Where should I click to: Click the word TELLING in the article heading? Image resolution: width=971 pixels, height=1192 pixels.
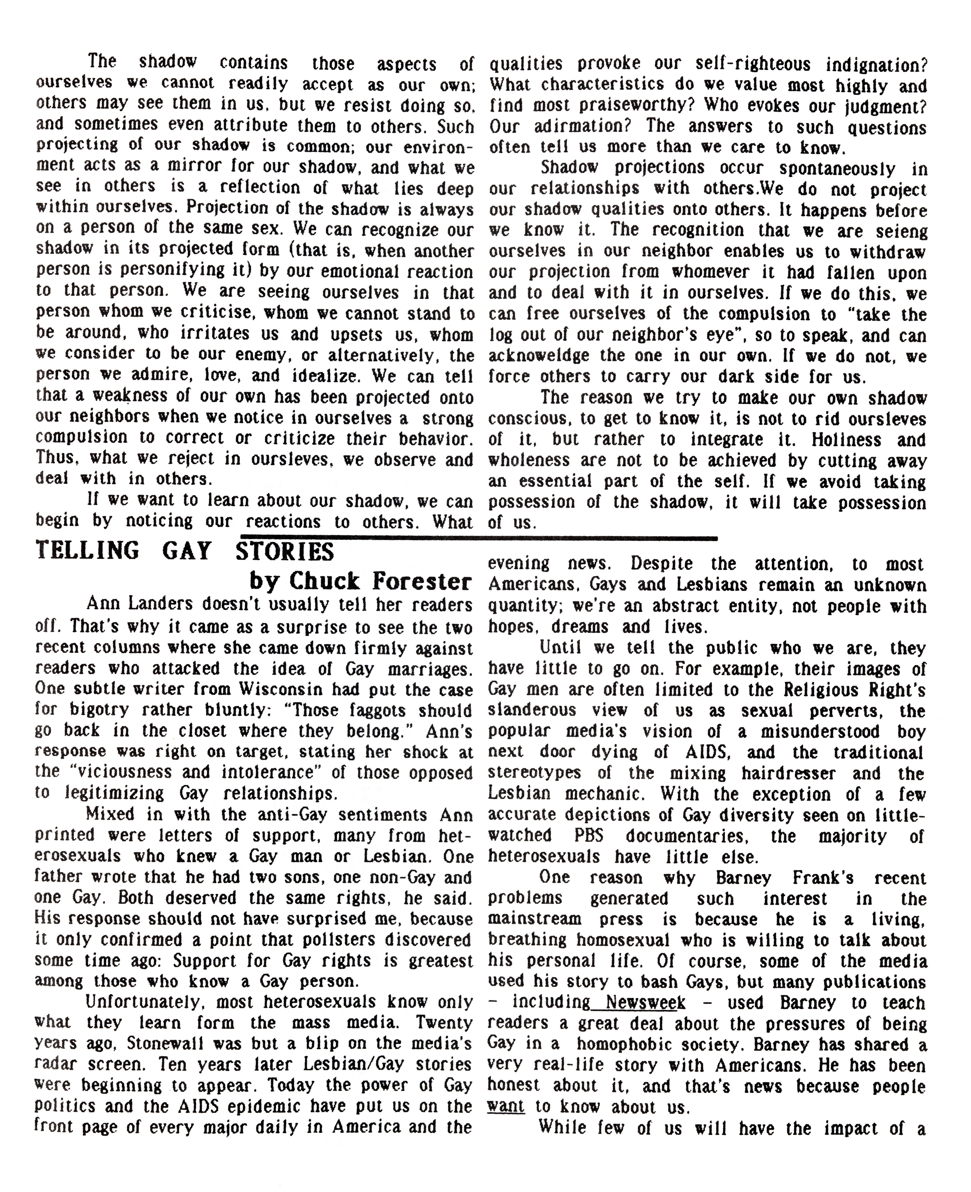point(87,550)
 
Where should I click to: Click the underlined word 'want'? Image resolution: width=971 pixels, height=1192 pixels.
point(506,1106)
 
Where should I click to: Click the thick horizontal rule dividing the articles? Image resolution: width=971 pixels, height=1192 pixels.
point(481,538)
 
